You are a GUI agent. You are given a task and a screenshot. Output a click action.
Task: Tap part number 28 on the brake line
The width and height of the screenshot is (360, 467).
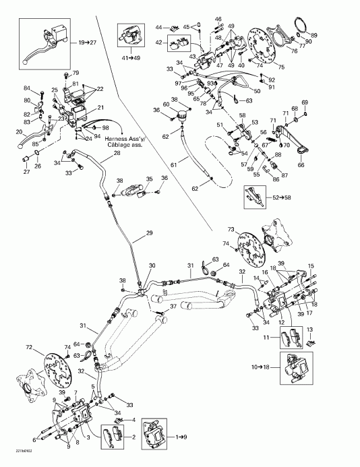[x=117, y=154]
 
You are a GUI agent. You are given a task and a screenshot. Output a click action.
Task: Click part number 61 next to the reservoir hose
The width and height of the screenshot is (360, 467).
[x=173, y=163]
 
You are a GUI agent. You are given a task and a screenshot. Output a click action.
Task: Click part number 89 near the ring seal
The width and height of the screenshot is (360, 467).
[x=313, y=35]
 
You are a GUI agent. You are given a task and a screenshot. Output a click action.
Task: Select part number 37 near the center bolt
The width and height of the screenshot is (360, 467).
[x=173, y=307]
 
